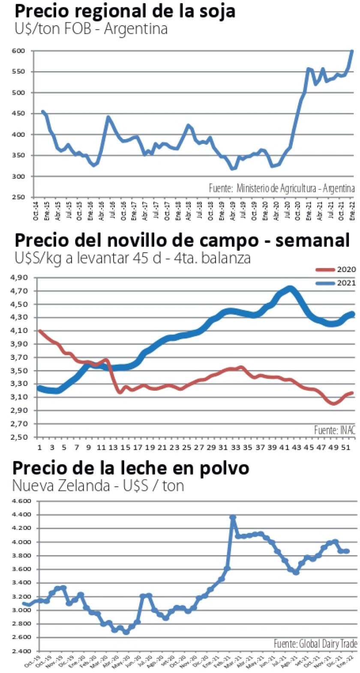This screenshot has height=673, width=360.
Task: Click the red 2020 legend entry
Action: pyautogui.click(x=336, y=269)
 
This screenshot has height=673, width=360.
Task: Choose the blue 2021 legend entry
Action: pyautogui.click(x=336, y=283)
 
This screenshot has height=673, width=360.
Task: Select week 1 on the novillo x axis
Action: pyautogui.click(x=40, y=448)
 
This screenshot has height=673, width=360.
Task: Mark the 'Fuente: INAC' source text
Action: pyautogui.click(x=335, y=430)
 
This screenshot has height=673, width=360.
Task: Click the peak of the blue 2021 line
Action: pyautogui.click(x=290, y=288)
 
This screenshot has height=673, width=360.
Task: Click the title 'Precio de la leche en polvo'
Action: pyautogui.click(x=131, y=467)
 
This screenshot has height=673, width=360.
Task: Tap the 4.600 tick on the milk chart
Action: pyautogui.click(x=22, y=501)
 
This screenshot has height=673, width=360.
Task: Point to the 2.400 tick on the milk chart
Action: pyautogui.click(x=22, y=651)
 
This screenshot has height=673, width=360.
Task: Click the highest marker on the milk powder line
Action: pyautogui.click(x=233, y=517)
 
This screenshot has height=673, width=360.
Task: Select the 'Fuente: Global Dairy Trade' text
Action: pyautogui.click(x=315, y=643)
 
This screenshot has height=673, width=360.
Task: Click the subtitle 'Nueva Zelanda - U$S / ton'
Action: pyautogui.click(x=98, y=486)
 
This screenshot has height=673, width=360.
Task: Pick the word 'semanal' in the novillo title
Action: pyautogui.click(x=312, y=241)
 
